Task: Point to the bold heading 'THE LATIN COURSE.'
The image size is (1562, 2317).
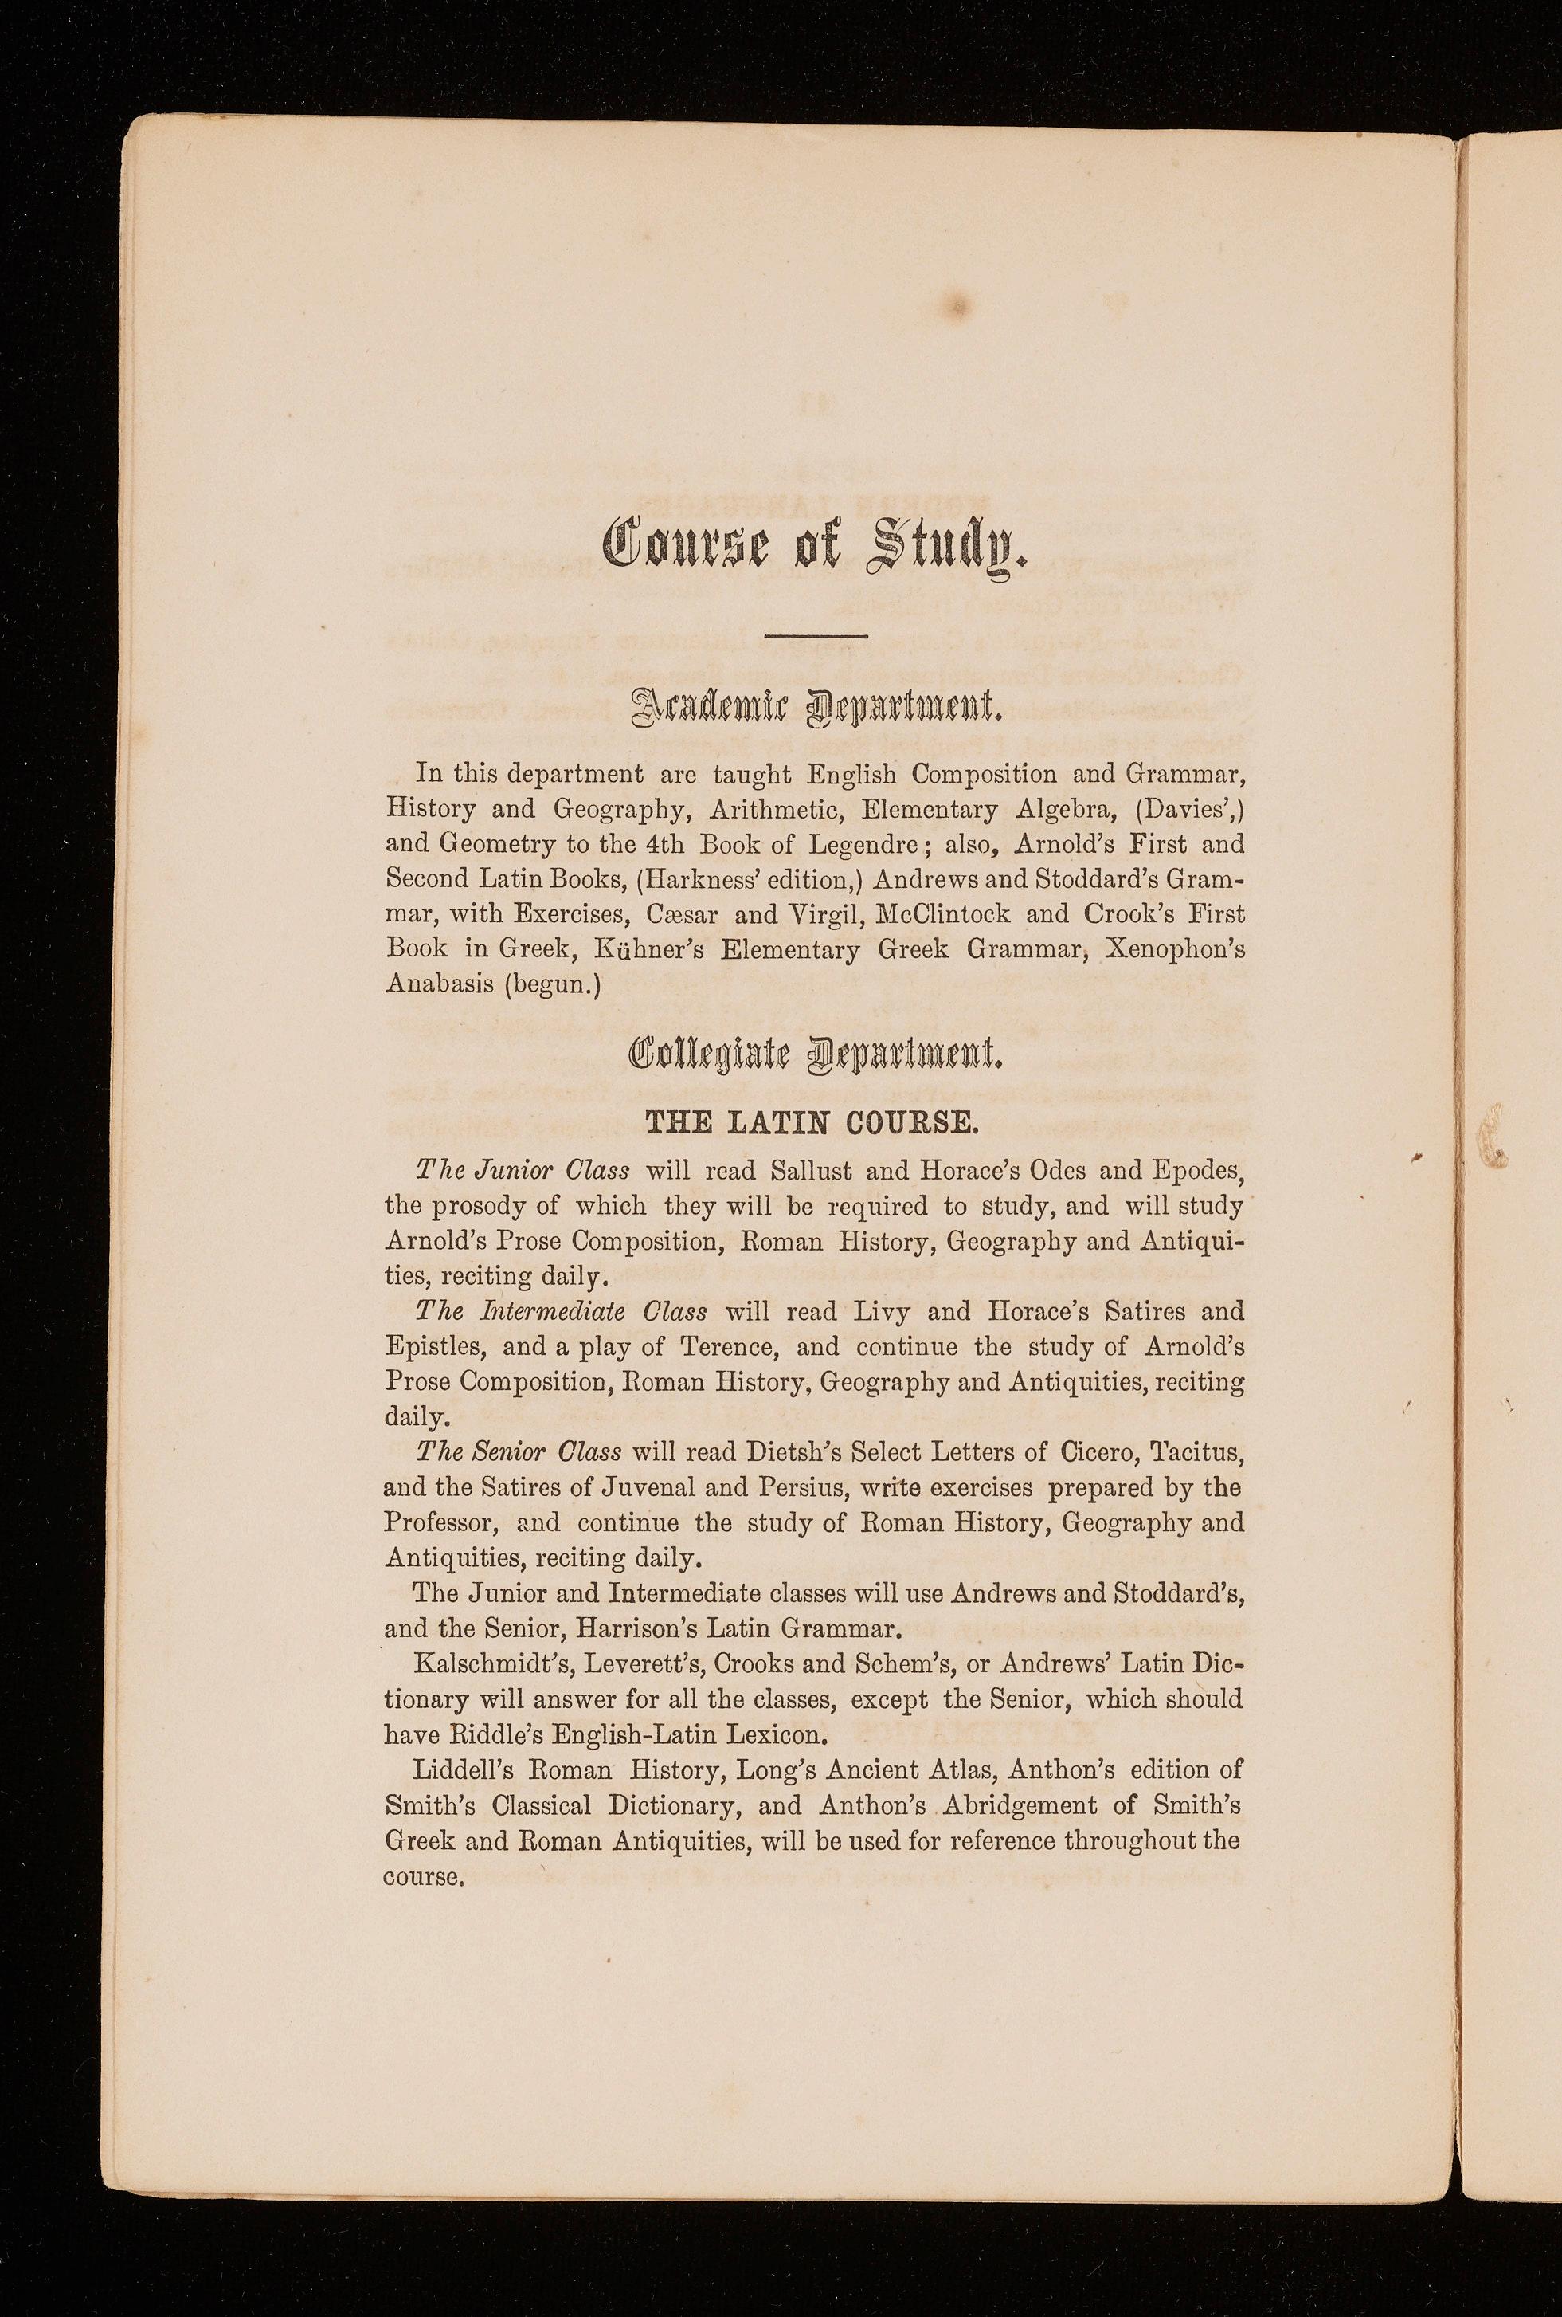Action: coord(815,1123)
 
